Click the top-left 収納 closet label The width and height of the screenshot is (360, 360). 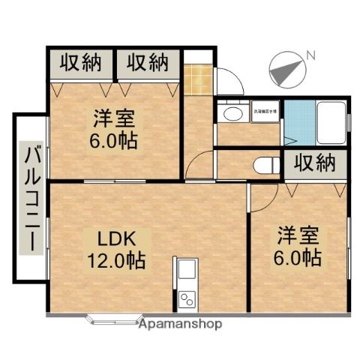tap(80, 63)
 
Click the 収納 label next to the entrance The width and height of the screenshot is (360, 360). tap(146, 63)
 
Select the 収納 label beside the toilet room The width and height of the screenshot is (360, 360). tap(314, 163)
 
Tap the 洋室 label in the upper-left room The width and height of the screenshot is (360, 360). tap(114, 118)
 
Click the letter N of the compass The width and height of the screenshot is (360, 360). tap(310, 55)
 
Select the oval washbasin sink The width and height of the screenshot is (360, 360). tap(232, 114)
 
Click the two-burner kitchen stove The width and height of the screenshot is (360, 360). tap(187, 298)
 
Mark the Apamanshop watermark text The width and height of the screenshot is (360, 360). tap(181, 325)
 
